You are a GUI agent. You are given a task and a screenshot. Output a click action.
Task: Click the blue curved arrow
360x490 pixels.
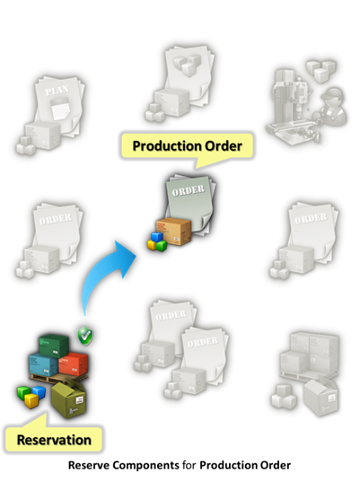click(100, 275)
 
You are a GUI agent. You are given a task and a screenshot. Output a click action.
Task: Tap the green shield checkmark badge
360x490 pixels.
click(85, 336)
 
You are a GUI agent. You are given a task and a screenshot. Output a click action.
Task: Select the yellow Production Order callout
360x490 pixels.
click(188, 147)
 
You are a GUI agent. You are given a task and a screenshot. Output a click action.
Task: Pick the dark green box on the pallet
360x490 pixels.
click(54, 346)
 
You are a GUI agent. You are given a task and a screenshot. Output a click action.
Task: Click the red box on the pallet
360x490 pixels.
click(74, 363)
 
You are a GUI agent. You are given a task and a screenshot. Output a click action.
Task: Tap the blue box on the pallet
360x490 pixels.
click(43, 365)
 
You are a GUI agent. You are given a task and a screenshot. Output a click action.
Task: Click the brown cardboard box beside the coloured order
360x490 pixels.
click(174, 232)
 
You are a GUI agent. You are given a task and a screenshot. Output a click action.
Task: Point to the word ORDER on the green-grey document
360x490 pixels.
click(189, 190)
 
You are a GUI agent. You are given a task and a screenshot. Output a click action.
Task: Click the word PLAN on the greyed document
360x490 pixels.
click(57, 91)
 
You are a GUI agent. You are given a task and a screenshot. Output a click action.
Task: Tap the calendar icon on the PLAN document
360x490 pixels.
click(59, 108)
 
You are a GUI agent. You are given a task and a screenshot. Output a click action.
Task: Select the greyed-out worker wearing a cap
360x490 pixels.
click(333, 106)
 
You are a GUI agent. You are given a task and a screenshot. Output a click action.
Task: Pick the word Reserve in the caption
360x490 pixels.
click(89, 465)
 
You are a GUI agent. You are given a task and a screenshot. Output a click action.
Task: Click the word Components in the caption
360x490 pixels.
click(146, 466)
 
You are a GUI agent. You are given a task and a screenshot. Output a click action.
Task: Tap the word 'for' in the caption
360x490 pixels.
click(189, 465)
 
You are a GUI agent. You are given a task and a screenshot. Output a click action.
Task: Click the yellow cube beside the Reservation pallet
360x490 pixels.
click(31, 400)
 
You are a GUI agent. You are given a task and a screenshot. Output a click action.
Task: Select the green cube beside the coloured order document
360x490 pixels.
click(162, 246)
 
